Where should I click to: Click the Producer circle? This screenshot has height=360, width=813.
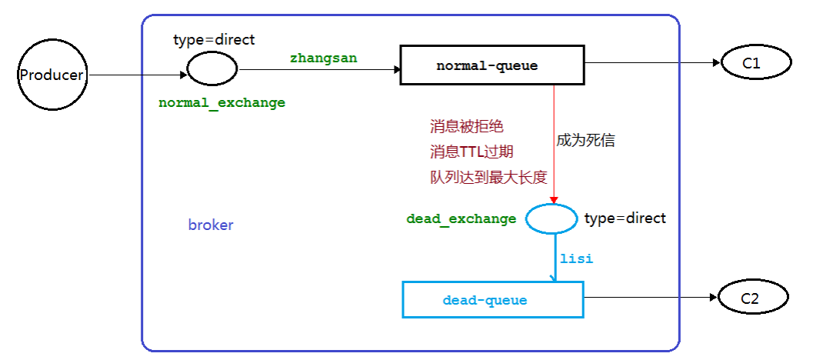tap(51, 75)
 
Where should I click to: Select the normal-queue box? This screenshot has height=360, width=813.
tap(487, 66)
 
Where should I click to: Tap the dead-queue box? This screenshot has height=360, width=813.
tap(492, 299)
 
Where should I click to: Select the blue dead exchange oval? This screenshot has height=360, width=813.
tap(551, 218)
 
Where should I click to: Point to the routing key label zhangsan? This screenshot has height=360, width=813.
tap(323, 58)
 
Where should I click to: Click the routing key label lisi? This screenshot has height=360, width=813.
tap(576, 259)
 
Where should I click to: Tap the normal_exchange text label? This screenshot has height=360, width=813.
tap(222, 103)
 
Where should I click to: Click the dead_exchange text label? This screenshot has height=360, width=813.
tap(461, 219)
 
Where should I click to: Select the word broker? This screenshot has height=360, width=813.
tap(210, 225)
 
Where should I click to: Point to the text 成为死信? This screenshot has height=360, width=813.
tap(585, 141)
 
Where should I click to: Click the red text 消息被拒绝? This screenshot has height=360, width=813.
tap(467, 126)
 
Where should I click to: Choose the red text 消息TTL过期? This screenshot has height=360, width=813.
tap(471, 152)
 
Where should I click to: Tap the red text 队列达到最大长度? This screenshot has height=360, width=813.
tap(488, 178)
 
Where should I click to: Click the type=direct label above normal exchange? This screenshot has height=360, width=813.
tap(213, 39)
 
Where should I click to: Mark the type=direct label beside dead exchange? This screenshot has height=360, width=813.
tap(625, 218)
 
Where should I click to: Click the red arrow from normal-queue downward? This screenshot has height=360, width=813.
tap(554, 154)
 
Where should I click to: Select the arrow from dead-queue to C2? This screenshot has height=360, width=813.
tap(650, 299)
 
